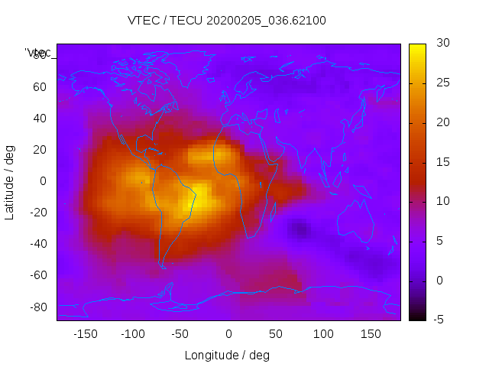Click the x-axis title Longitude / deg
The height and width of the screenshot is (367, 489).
[x=227, y=355]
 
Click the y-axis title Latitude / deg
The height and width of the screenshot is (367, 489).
[x=10, y=182]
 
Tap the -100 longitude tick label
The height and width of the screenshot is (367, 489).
[x=133, y=333]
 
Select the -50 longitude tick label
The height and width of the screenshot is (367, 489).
[x=180, y=333]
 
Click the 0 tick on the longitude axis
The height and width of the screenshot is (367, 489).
[x=228, y=333]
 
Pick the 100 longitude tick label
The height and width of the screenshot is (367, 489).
[x=323, y=333]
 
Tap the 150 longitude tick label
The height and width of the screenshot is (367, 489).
[x=371, y=333]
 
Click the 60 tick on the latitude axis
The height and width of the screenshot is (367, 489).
[x=40, y=86]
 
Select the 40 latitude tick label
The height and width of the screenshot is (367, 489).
[x=40, y=118]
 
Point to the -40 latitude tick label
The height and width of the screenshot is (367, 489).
[x=37, y=244]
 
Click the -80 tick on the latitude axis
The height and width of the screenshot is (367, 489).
[x=37, y=307]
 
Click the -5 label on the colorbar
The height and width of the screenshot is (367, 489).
[x=439, y=320]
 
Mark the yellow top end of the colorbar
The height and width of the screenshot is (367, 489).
[x=417, y=48]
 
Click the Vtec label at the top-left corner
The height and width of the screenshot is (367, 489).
[x=38, y=53]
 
